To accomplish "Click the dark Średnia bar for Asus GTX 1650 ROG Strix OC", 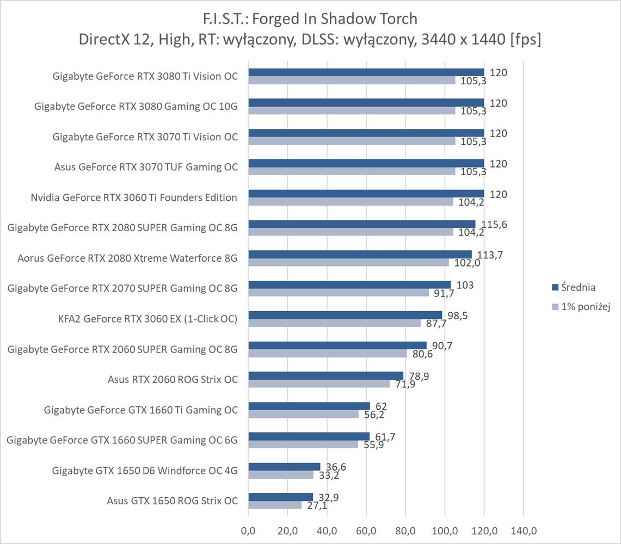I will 280,497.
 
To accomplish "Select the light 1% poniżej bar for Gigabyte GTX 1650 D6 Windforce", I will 281,474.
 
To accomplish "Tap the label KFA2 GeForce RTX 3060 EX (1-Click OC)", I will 147,319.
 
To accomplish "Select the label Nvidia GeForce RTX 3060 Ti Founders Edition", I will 134,197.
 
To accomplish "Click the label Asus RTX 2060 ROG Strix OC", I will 173,379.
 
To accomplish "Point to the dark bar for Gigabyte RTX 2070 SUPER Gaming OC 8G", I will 349,285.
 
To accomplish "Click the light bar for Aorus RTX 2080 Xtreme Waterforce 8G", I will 348,262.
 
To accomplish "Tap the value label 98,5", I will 457,316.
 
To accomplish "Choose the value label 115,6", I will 492,225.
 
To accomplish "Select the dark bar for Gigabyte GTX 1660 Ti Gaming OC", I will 309,406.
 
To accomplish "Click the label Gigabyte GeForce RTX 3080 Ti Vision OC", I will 145,76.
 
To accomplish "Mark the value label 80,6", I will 421,354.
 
